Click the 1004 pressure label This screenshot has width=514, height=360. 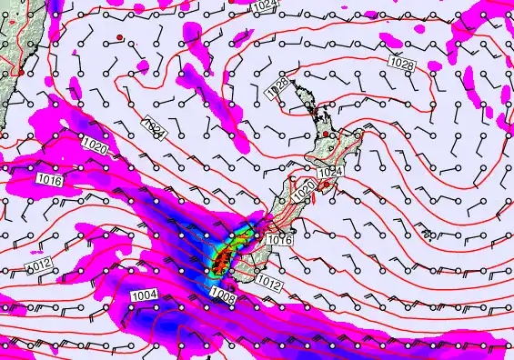[144, 295]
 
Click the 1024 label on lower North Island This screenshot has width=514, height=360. [329, 171]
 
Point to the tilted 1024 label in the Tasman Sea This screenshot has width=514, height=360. [155, 127]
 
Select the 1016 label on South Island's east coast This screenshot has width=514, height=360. [281, 240]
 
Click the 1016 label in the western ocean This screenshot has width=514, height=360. [50, 182]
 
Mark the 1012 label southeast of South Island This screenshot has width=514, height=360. [267, 283]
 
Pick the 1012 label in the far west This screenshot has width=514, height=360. [37, 265]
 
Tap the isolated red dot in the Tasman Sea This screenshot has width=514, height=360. [119, 37]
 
